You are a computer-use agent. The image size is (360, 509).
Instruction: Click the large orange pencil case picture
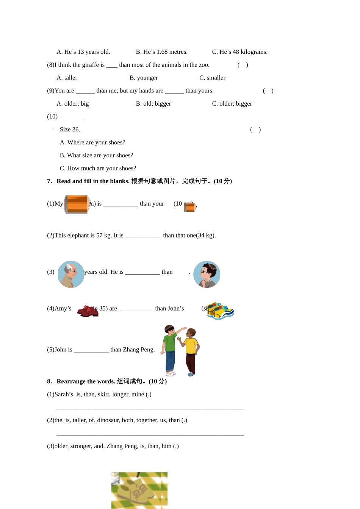pyautogui.click(x=77, y=205)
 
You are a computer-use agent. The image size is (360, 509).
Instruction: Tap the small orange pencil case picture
pyautogui.click(x=190, y=207)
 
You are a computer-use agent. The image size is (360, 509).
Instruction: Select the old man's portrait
pyautogui.click(x=71, y=275)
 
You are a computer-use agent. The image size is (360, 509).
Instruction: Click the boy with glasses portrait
pyautogui.click(x=207, y=275)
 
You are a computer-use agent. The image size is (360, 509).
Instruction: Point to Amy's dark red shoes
pyautogui.click(x=88, y=311)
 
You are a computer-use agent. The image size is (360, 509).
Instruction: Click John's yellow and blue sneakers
pyautogui.click(x=220, y=311)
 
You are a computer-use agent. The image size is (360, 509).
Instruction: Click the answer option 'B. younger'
pyautogui.click(x=144, y=78)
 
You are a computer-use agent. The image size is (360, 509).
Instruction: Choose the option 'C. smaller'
pyautogui.click(x=212, y=78)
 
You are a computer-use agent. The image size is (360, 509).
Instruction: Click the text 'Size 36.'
pyautogui.click(x=70, y=130)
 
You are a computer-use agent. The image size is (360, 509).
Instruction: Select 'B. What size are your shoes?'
pyautogui.click(x=96, y=155)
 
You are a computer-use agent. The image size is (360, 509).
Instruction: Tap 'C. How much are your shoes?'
pyautogui.click(x=98, y=168)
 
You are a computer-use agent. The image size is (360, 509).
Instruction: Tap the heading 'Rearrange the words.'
pyautogui.click(x=86, y=381)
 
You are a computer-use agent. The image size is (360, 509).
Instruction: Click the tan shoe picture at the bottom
pyautogui.click(x=139, y=490)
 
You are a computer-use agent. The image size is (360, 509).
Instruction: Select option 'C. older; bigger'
pyautogui.click(x=232, y=103)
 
